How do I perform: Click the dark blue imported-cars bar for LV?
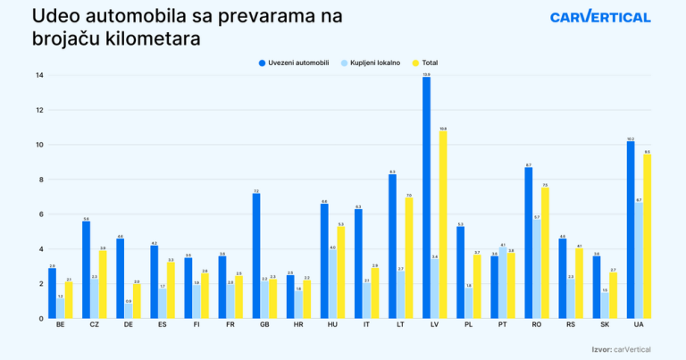426,197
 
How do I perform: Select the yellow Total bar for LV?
443,224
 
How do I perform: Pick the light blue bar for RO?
537,269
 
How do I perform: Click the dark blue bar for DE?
120,278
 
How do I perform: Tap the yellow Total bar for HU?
340,272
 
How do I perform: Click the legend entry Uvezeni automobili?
295,63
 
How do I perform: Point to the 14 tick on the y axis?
39,75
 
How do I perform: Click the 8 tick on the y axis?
40,180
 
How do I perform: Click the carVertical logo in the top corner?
600,17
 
